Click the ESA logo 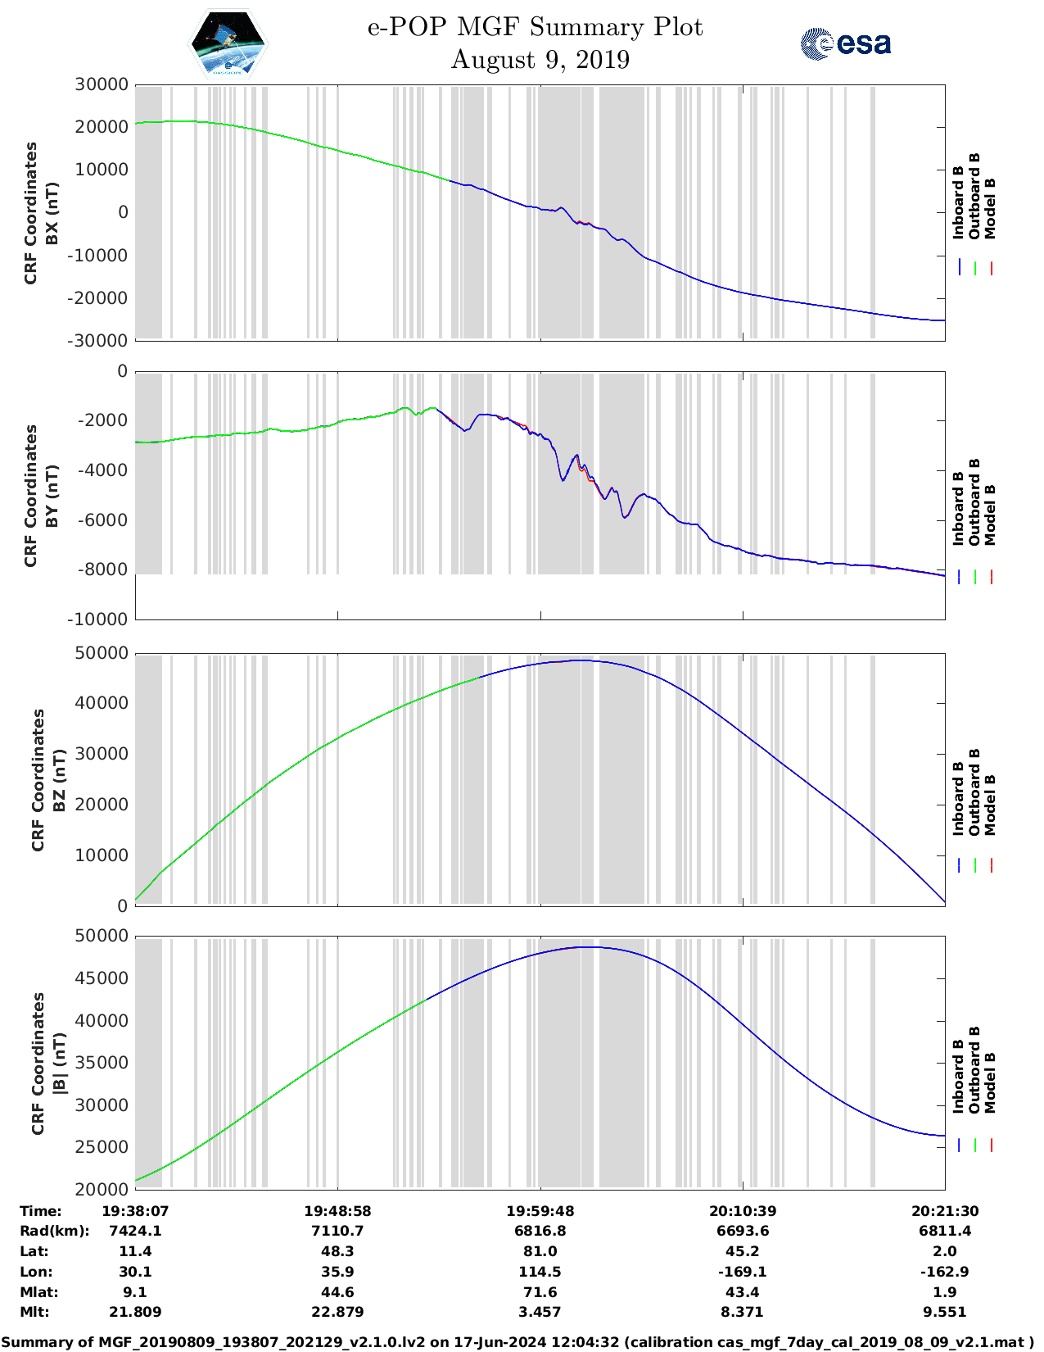846,43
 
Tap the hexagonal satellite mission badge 228,43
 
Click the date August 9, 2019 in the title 540,60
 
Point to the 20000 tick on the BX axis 102,127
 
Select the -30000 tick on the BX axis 102,340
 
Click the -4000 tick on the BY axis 106,470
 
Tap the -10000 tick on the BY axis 102,619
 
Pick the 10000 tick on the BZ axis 102,855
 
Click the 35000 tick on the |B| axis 102,1063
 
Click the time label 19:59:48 540,1211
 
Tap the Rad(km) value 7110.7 337,1231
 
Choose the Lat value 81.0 540,1251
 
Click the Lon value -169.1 742,1272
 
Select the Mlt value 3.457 540,1312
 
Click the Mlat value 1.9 944,1292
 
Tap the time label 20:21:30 944,1211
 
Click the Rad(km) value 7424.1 135,1231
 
